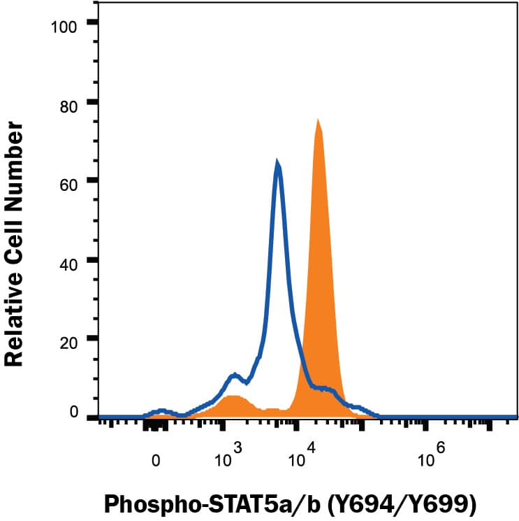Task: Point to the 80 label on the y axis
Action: [70, 102]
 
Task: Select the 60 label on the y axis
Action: [70, 181]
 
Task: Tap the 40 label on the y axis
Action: [70, 260]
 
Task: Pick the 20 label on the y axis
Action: [70, 339]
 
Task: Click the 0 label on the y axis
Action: [74, 412]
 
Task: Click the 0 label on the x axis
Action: [156, 462]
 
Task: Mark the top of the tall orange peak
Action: [318, 121]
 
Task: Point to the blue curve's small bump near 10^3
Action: [235, 376]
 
